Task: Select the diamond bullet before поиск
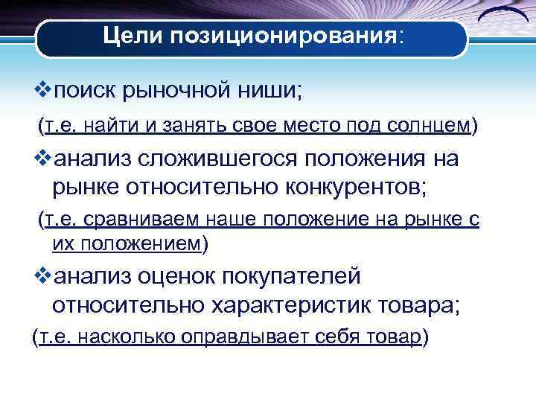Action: (x=43, y=93)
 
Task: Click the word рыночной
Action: (x=187, y=94)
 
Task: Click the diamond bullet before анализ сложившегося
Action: (x=43, y=159)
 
